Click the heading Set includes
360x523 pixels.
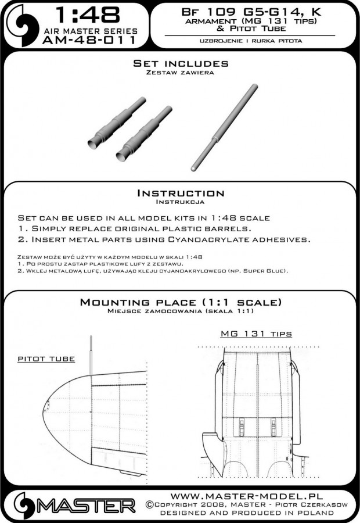[180, 63]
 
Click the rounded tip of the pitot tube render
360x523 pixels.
[193, 166]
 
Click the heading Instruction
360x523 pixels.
[179, 193]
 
